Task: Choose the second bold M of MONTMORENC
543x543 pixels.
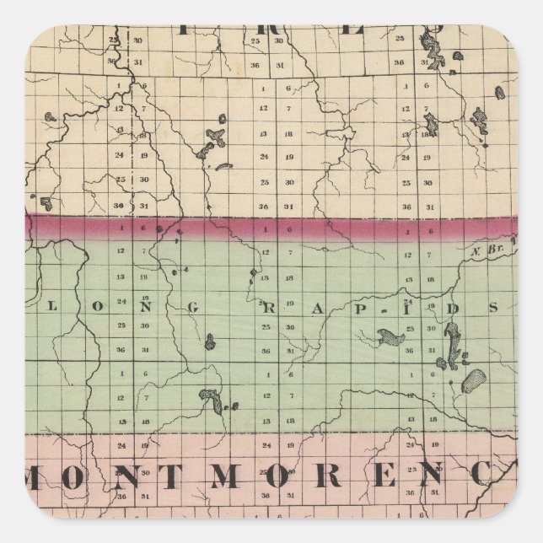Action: (223, 476)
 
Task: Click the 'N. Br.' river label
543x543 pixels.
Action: (487, 250)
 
